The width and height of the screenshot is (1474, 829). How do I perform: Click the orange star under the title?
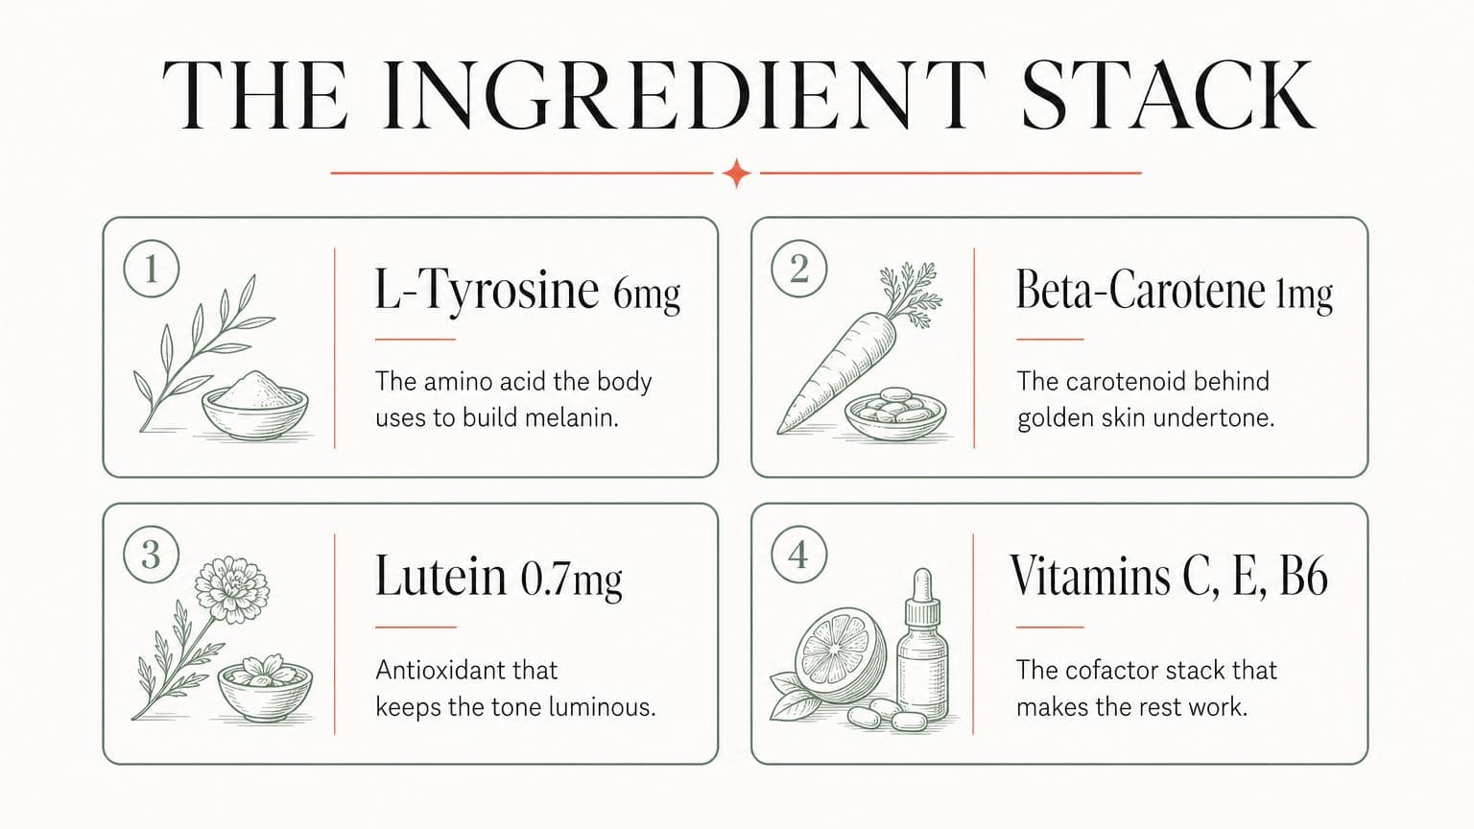coord(737,173)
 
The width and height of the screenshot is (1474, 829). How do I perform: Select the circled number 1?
coord(152,269)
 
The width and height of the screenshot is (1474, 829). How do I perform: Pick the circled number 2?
coord(798,269)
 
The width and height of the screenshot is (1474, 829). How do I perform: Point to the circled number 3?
coord(152,554)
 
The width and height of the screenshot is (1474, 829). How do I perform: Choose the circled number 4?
coord(798,554)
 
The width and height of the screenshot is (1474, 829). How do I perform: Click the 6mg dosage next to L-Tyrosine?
coord(647,294)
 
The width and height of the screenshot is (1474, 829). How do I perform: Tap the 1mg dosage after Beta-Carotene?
coord(1304,294)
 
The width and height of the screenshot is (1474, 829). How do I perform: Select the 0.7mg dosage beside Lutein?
coord(571,580)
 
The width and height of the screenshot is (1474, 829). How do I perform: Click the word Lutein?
coord(440,576)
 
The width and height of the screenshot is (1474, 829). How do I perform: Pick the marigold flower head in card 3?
coord(232,590)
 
